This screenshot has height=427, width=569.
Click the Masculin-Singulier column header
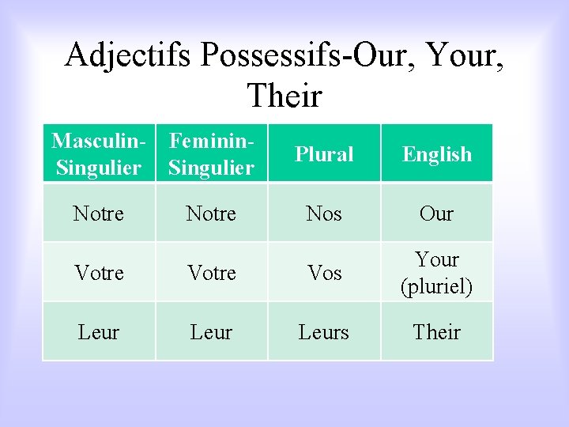[x=99, y=154]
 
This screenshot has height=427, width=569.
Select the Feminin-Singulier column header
[x=212, y=154]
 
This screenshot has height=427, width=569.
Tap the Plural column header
[x=324, y=154]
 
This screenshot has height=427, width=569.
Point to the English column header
[x=437, y=154]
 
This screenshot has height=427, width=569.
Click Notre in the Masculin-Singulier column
[x=99, y=213]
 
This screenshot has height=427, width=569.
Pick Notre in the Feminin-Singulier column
[x=212, y=213]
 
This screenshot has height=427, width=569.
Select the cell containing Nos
[x=324, y=213]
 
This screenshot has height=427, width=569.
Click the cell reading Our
[x=437, y=213]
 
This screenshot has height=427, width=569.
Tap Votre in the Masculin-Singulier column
[x=99, y=273]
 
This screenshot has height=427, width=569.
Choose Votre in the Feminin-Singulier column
[x=212, y=273]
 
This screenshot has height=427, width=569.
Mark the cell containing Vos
[x=324, y=273]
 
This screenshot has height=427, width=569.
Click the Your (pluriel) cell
[x=437, y=273]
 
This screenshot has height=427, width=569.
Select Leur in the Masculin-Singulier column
[x=99, y=332]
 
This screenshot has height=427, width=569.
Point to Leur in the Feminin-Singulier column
[x=212, y=332]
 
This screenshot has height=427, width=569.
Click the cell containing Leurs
[x=324, y=332]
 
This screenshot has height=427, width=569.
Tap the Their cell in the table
[x=437, y=332]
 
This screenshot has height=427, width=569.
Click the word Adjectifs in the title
[x=128, y=55]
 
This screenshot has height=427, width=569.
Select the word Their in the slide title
[x=284, y=96]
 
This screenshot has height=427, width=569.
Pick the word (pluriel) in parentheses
[x=437, y=286]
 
